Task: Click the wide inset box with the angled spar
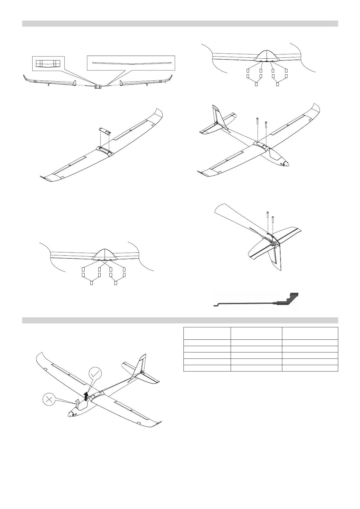(x=131, y=64)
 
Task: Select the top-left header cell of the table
(x=207, y=333)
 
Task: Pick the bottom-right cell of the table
(x=310, y=368)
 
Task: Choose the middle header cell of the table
(x=256, y=333)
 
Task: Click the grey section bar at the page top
(x=180, y=24)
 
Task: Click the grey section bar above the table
(x=180, y=320)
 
